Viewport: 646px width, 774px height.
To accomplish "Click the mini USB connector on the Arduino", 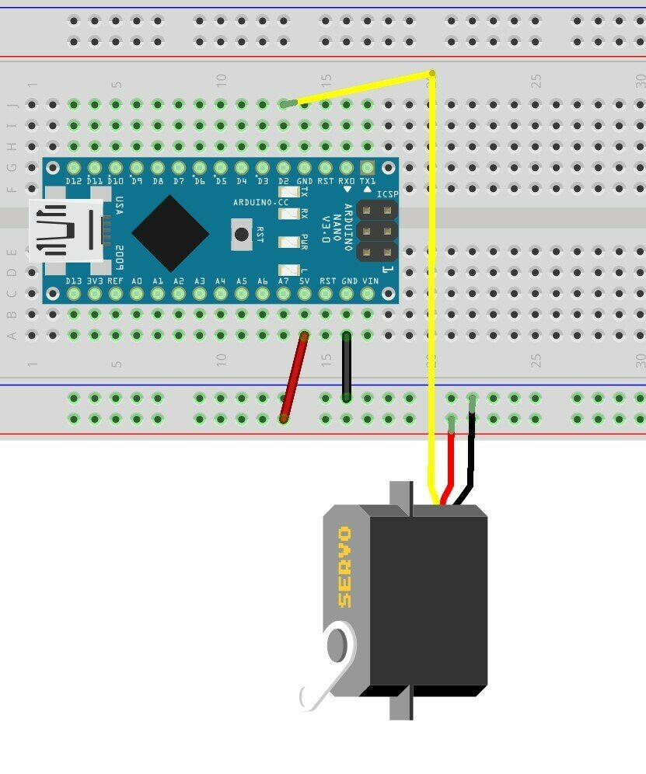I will [x=66, y=230].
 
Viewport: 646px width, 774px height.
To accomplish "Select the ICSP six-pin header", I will [x=376, y=232].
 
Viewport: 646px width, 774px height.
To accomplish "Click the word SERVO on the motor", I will [x=344, y=567].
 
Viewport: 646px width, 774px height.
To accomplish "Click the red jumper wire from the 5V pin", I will [x=294, y=378].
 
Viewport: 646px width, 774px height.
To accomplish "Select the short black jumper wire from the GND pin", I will [x=346, y=367].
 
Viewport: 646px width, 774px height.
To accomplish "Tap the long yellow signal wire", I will [x=431, y=272].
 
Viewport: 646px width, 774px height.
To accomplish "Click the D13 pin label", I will [x=74, y=281].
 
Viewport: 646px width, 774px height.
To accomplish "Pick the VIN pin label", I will [x=370, y=281].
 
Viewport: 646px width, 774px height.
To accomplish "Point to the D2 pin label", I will [x=285, y=181].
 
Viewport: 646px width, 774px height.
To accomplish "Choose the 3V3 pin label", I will [x=95, y=281].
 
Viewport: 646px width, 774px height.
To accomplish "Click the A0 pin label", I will [x=137, y=281].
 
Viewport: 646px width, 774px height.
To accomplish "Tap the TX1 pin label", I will [x=368, y=181].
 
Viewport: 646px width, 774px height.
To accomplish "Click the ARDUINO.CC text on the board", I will [x=260, y=202].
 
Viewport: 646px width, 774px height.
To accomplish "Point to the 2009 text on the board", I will [x=121, y=256].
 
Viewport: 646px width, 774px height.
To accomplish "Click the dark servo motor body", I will [x=428, y=598].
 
